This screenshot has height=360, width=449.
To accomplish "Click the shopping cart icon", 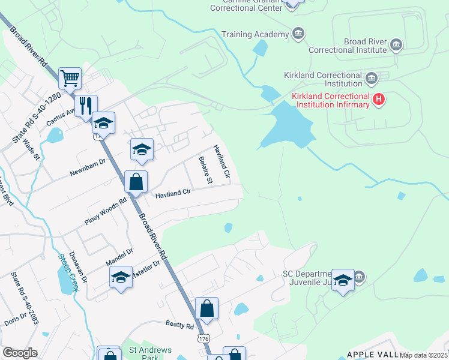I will (x=70, y=78).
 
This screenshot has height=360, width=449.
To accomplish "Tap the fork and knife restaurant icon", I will (x=86, y=106).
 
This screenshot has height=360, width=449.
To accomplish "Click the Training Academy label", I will (x=255, y=34).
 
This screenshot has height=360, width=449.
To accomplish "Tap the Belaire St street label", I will (x=205, y=170).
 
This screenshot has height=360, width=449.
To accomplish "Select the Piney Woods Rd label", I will (x=106, y=211).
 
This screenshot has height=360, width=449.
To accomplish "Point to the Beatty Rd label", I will (x=180, y=325).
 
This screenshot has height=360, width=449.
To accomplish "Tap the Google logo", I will (x=20, y=353).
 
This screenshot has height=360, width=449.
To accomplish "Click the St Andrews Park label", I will (x=151, y=353).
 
